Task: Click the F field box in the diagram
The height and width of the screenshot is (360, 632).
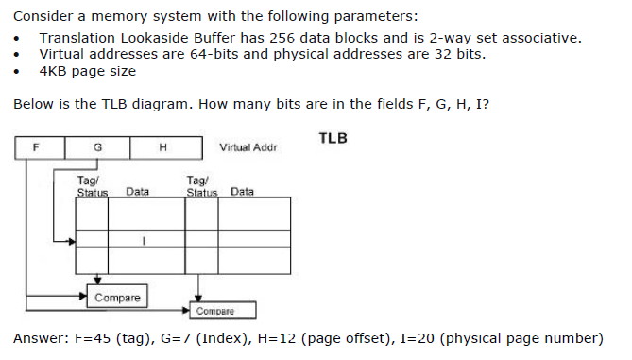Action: [x=37, y=147]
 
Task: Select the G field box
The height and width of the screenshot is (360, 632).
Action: [x=97, y=147]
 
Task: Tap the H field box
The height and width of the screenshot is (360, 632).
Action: [x=163, y=147]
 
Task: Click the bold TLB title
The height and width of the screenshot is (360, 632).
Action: [x=333, y=138]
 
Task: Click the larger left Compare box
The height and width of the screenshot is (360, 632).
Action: [x=117, y=298]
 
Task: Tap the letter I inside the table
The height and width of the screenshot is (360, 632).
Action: [x=142, y=240]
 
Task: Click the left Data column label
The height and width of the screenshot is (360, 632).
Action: [x=138, y=192]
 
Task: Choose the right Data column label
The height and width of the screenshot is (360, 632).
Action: [x=242, y=192]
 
